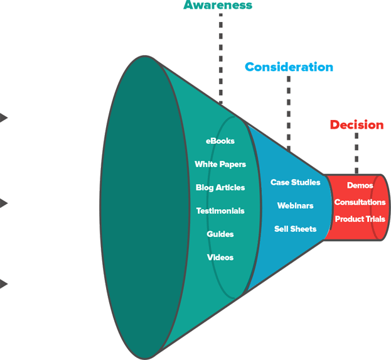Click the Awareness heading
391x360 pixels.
pyautogui.click(x=218, y=6)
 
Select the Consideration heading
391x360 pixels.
pyautogui.click(x=289, y=67)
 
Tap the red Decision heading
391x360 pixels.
pyautogui.click(x=356, y=125)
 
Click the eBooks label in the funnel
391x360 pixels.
pyautogui.click(x=220, y=141)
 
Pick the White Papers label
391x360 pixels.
pyautogui.click(x=220, y=165)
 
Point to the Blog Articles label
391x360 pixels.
pyautogui.click(x=220, y=188)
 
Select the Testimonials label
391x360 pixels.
pyautogui.click(x=220, y=211)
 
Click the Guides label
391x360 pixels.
pyautogui.click(x=220, y=234)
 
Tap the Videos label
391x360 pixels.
pyautogui.click(x=220, y=258)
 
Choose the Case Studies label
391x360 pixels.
pyautogui.click(x=296, y=183)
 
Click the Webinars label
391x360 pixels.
pyautogui.click(x=296, y=206)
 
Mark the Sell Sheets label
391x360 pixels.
pyautogui.click(x=296, y=229)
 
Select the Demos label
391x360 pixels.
pyautogui.click(x=360, y=186)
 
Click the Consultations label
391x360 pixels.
pyautogui.click(x=360, y=202)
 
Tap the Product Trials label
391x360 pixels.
pyautogui.click(x=360, y=219)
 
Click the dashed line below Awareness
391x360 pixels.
pyautogui.click(x=220, y=57)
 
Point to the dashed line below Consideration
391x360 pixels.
pyautogui.click(x=289, y=113)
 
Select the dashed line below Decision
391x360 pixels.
pyautogui.click(x=356, y=154)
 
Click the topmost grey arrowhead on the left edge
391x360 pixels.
pyautogui.click(x=4, y=117)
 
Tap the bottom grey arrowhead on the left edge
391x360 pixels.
pyautogui.click(x=4, y=284)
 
